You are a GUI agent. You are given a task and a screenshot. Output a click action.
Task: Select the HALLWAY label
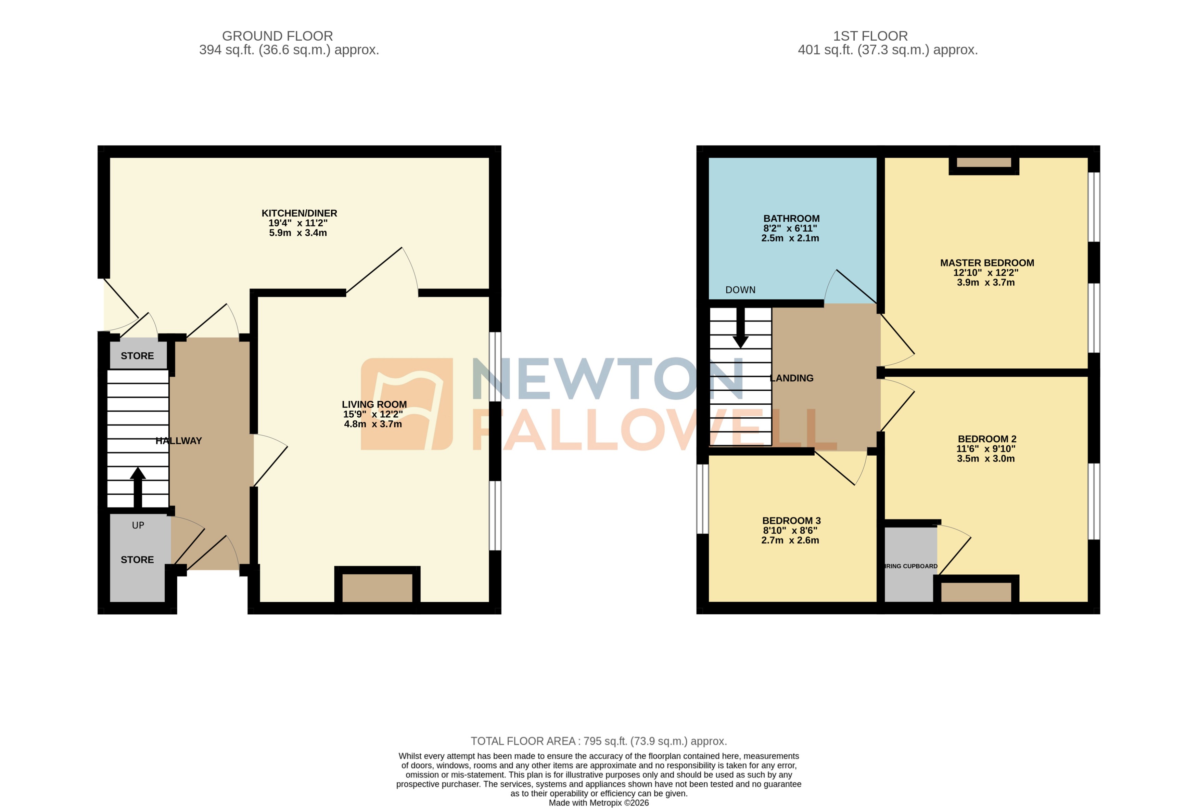(x=178, y=441)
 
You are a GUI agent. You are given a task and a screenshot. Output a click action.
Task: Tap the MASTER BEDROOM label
(x=987, y=263)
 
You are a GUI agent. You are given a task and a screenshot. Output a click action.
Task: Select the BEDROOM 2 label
(x=987, y=439)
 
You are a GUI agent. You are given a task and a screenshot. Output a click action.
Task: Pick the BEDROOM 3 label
(x=791, y=520)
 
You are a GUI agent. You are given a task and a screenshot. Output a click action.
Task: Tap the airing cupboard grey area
(x=910, y=564)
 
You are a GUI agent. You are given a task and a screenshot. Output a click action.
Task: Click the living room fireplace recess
(x=377, y=587)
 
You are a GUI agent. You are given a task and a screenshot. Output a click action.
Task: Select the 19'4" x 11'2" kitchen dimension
(x=298, y=223)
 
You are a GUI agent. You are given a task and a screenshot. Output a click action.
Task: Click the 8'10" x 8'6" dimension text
(x=790, y=530)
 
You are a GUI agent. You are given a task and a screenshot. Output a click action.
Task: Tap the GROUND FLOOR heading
(x=277, y=36)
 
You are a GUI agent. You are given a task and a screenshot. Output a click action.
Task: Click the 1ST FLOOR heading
(x=870, y=36)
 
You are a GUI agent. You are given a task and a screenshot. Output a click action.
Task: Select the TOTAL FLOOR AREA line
(x=598, y=741)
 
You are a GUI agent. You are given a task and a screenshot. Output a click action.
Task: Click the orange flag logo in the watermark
(x=407, y=404)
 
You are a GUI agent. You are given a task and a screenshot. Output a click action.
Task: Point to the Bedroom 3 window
(x=702, y=499)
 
